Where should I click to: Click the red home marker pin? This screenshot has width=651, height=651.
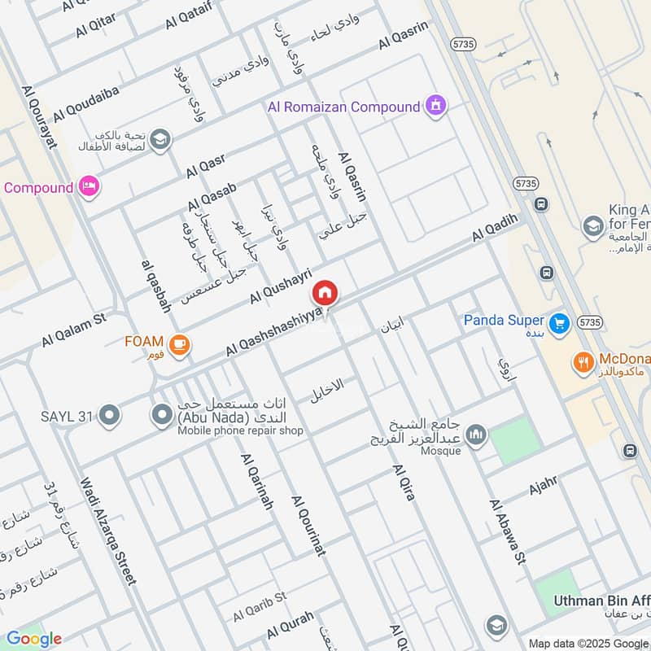325,293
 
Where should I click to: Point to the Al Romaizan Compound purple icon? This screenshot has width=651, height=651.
437,106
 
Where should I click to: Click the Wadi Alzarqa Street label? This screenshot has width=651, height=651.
107,530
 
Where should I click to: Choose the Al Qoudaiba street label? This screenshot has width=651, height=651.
86,104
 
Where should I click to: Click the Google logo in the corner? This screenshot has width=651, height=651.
33,639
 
